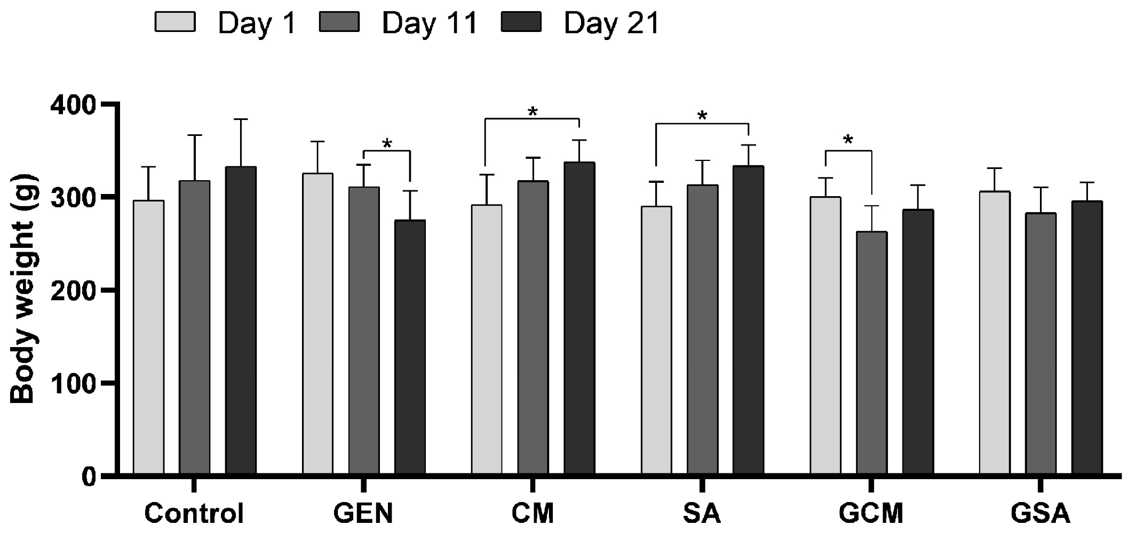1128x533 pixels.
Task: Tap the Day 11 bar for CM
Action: pos(533,327)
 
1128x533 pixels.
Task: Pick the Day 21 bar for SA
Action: pos(748,320)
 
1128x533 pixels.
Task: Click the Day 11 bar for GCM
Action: pos(871,352)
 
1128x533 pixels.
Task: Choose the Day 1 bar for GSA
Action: pos(995,333)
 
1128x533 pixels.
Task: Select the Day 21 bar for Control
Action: pos(241,320)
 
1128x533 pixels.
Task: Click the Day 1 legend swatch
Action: pos(175,22)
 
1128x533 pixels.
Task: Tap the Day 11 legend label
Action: pos(430,23)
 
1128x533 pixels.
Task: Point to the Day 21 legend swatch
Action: pos(521,22)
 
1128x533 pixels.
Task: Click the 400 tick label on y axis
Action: pos(73,105)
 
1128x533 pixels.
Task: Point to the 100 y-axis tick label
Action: pos(73,383)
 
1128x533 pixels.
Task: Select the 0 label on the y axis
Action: pos(89,476)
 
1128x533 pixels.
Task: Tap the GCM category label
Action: pos(871,514)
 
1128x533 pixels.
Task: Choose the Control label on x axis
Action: pos(194,514)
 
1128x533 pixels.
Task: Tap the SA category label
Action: pos(702,514)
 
